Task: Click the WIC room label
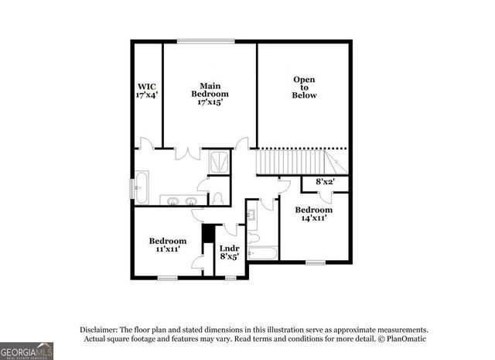point(147,91)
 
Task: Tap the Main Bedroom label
point(210,93)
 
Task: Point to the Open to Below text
point(304,87)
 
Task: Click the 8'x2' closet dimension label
point(325,182)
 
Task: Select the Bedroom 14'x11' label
point(313,214)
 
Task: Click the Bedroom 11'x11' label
point(168,245)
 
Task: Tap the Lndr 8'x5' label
point(230,252)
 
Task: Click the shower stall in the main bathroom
point(220,162)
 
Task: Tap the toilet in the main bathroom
point(217,197)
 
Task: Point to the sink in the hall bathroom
point(253,214)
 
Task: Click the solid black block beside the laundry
point(207,233)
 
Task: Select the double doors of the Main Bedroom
point(186,151)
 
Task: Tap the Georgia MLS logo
point(27,351)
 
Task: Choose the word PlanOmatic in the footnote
point(405,339)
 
